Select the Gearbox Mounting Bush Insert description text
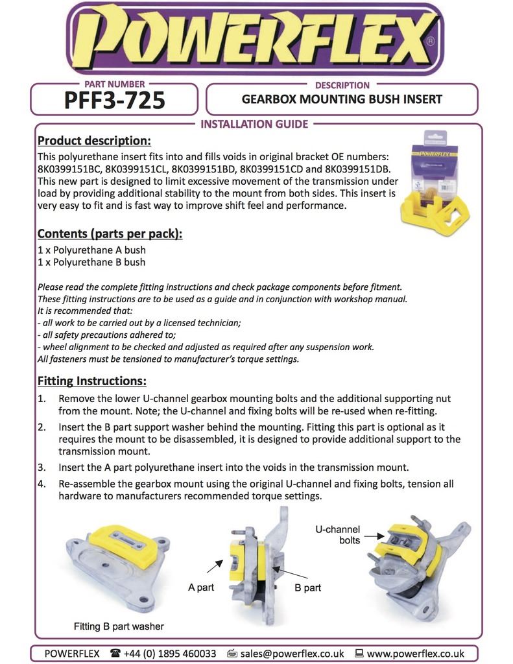click(x=342, y=99)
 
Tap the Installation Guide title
click(x=254, y=124)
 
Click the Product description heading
click(x=94, y=141)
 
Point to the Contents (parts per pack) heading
click(x=110, y=233)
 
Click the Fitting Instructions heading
click(x=91, y=381)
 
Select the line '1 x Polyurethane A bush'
click(x=91, y=250)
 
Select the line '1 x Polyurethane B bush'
click(x=91, y=262)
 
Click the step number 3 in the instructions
click(x=42, y=467)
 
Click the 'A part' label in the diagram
click(x=201, y=587)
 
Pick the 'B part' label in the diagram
click(x=307, y=587)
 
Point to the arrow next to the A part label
click(x=214, y=566)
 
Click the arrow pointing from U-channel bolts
click(x=372, y=536)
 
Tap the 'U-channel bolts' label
click(x=338, y=534)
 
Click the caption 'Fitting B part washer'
click(x=119, y=626)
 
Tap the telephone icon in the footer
click(x=115, y=653)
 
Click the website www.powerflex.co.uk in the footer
click(x=415, y=653)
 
